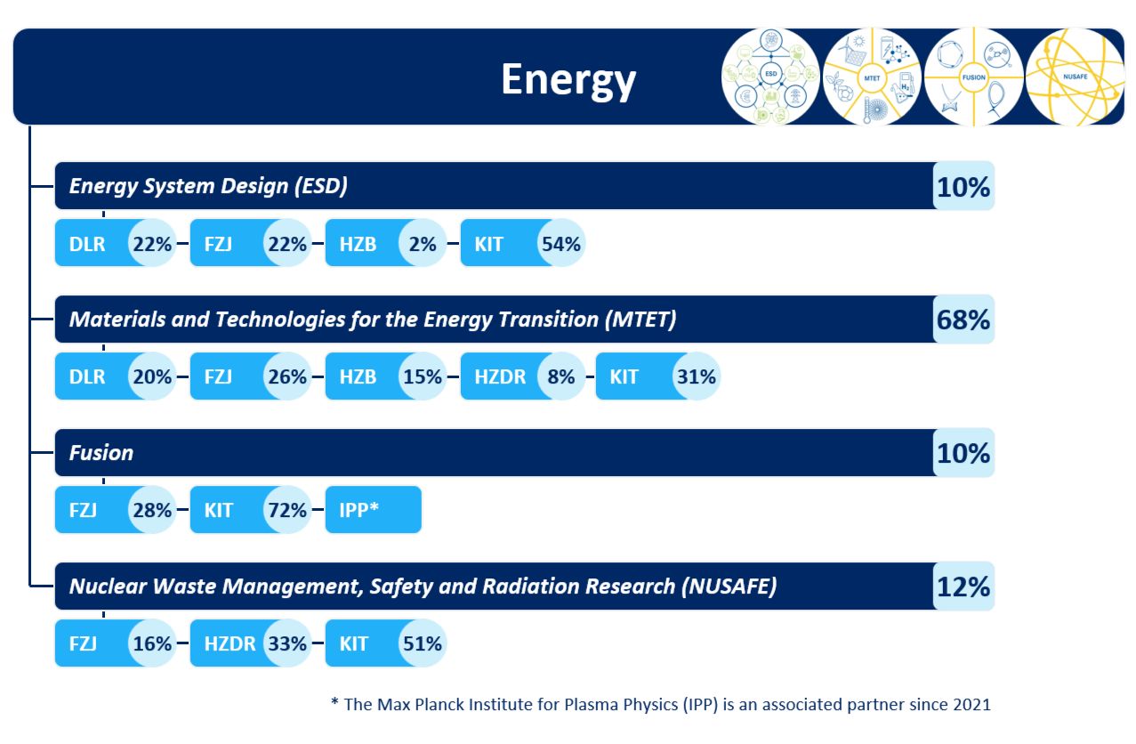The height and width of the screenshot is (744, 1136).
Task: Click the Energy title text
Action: [x=568, y=79]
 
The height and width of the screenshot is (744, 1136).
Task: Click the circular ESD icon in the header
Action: [x=770, y=77]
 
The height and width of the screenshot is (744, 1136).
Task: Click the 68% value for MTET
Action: [x=963, y=319]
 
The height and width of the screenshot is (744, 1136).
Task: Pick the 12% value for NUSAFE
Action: [x=963, y=586]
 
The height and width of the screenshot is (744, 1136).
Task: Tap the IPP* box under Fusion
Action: [x=373, y=510]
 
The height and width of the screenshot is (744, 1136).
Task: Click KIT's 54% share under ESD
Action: [x=560, y=244]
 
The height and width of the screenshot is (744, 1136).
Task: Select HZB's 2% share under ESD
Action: [x=423, y=244]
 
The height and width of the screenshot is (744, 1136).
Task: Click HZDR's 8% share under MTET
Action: [x=561, y=376]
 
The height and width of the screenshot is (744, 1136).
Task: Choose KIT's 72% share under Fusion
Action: [x=286, y=510]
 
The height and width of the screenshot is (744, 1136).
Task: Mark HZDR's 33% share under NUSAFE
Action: [x=286, y=643]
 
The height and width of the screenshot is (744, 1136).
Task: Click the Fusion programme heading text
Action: [x=101, y=453]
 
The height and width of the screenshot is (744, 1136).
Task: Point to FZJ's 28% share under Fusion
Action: [x=151, y=510]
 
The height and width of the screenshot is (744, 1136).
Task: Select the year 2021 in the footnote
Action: [x=970, y=705]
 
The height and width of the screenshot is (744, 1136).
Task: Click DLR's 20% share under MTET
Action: [x=151, y=376]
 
